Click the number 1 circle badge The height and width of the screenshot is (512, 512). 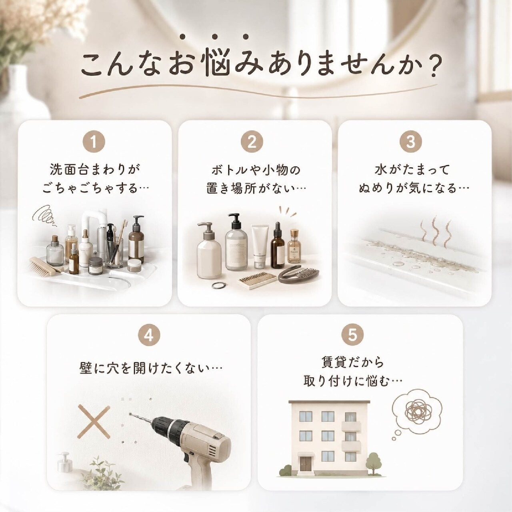94,142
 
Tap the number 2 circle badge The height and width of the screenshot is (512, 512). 252,142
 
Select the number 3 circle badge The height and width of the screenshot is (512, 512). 411,142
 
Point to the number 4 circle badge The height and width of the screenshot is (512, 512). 149,336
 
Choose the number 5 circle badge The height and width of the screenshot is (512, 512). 352,336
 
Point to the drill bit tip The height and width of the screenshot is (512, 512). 130,414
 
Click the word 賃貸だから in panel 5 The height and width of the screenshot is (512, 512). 352,363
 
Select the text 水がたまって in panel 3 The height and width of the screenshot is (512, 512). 412,170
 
